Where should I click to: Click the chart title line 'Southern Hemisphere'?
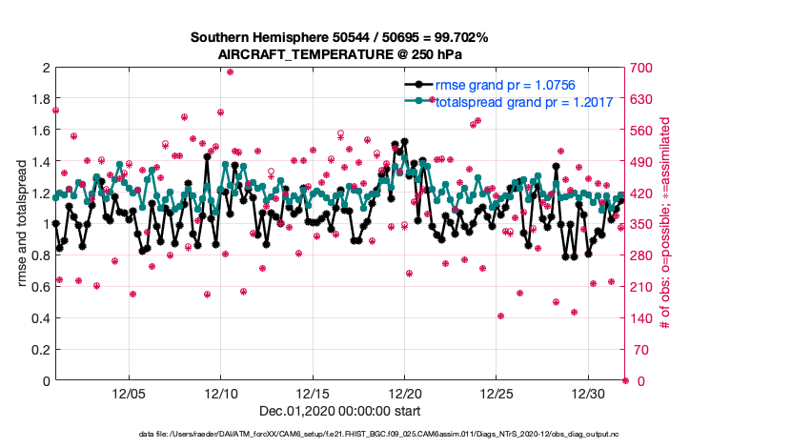(x=339, y=38)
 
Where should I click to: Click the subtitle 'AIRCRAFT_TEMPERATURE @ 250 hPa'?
(x=339, y=55)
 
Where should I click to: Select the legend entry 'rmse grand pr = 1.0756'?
(x=505, y=86)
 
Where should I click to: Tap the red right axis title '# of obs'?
(x=665, y=225)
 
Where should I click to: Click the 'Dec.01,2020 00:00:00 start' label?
(x=339, y=411)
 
